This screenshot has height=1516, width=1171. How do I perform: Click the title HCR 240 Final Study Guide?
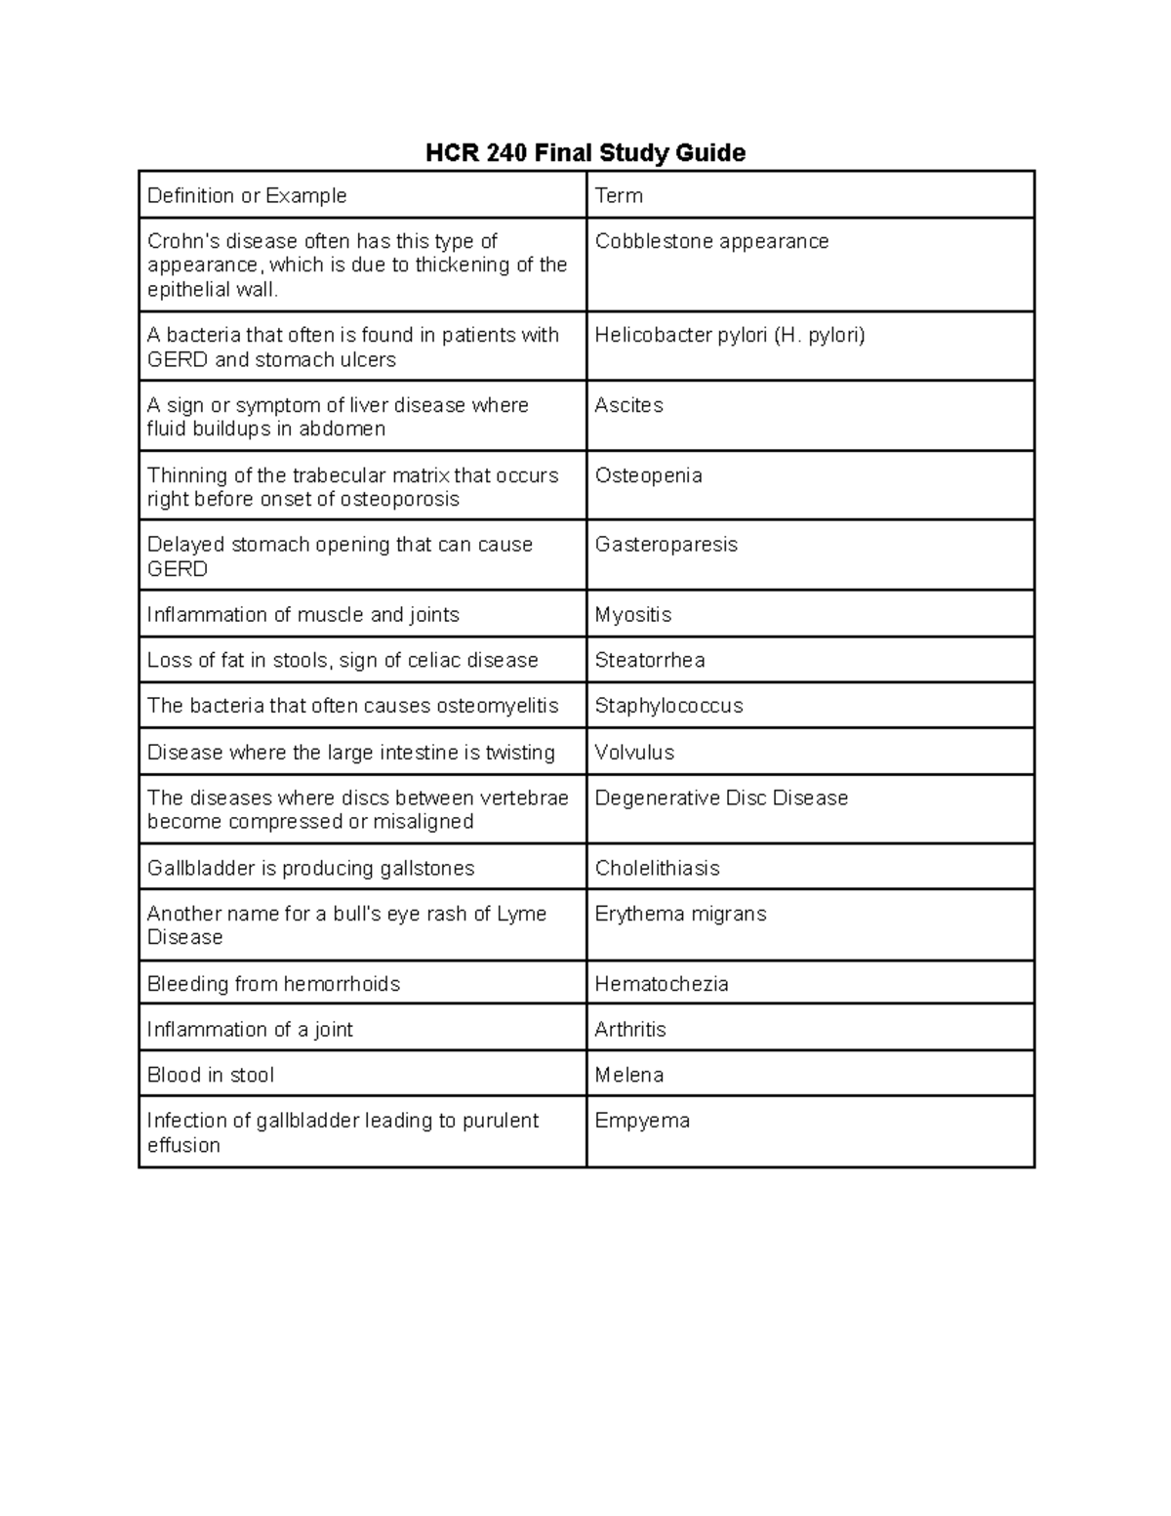point(585,153)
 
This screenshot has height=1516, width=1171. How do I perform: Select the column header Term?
point(619,195)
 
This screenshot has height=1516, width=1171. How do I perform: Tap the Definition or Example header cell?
point(247,195)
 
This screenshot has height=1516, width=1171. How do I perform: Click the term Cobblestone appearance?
point(711,241)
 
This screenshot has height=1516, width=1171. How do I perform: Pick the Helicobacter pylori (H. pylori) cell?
point(730,335)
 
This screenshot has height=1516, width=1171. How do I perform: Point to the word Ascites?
point(628,405)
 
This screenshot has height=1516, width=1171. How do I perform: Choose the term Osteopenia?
point(648,475)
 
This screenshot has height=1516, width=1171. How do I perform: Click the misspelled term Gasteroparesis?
point(666,545)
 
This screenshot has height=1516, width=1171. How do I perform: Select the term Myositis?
point(632,615)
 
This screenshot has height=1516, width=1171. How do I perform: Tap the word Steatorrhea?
point(650,661)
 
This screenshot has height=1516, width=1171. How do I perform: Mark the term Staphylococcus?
point(668,706)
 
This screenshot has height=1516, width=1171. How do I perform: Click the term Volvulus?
point(634,753)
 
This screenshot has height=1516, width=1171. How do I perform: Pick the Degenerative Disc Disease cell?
point(721,799)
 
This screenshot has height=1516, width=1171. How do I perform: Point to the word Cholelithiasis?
point(657,869)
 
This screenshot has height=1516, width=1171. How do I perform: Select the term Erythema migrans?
point(680,914)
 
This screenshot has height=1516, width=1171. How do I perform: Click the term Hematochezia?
point(662,984)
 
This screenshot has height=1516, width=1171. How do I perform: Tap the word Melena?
point(628,1075)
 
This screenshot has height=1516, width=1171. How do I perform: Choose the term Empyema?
point(642,1121)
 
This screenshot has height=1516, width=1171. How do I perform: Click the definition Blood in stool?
point(211,1075)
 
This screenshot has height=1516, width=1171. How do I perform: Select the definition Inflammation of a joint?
point(250,1030)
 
